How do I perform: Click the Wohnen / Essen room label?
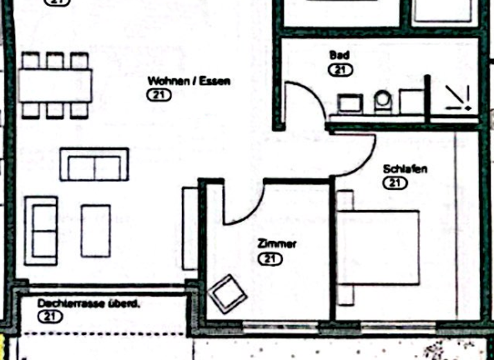coord(189,82)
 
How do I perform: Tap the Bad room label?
coord(340,56)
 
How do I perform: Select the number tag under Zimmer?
coord(270,259)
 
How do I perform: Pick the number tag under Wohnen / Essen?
coord(158,95)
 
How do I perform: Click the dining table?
coord(55,85)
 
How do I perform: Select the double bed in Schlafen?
coord(378,247)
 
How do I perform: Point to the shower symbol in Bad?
coord(460,98)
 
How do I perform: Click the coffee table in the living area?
coord(95,230)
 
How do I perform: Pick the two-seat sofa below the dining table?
coord(95,165)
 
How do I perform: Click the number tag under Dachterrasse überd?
coord(50,316)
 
